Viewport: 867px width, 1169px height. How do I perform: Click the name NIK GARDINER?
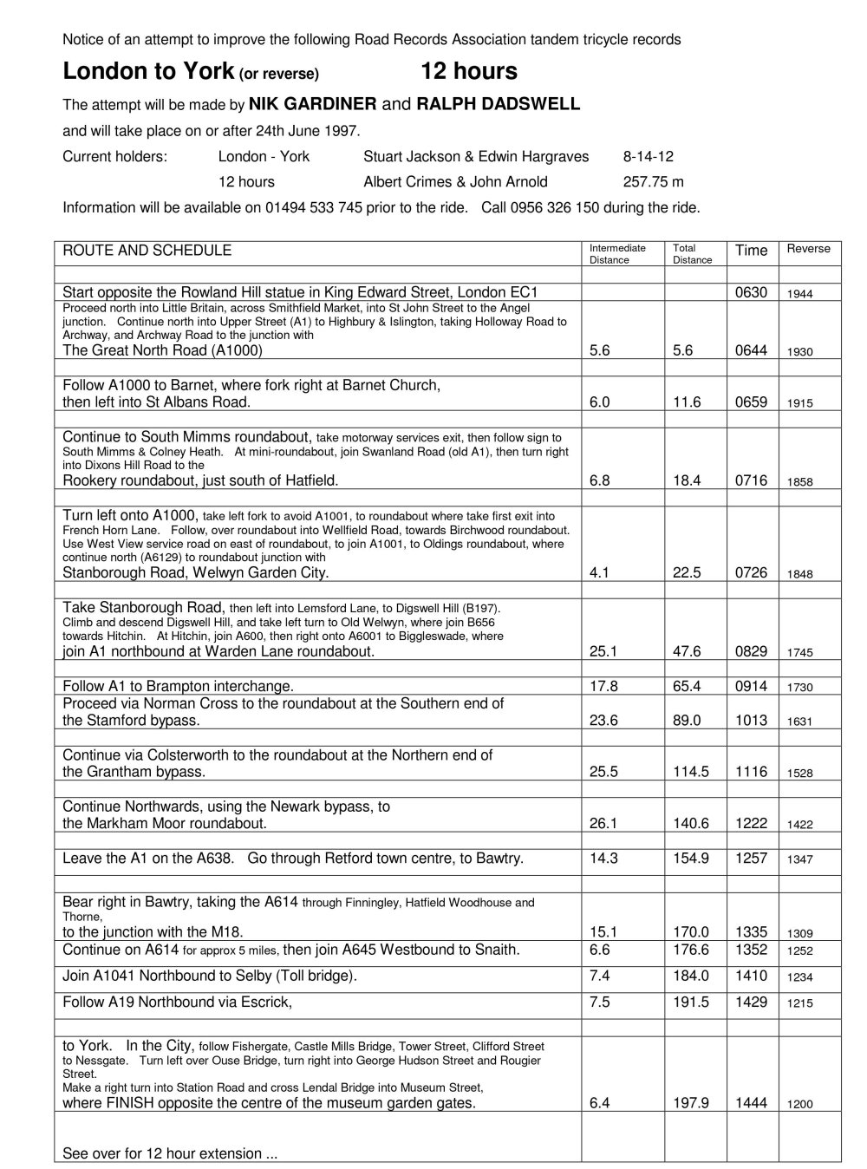312,105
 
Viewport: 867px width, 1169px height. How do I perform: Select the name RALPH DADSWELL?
498,105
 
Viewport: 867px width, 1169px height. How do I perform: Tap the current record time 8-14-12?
648,157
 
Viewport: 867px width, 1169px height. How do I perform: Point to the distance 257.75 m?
653,182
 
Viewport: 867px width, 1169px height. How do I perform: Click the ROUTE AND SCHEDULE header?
147,251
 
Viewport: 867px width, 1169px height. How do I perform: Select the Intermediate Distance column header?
617,254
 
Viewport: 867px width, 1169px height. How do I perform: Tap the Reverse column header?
808,250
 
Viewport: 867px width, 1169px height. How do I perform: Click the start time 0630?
751,293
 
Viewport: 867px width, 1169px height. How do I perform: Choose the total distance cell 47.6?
687,652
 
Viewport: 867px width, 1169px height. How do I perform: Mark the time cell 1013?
751,721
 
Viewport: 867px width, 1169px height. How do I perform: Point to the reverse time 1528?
800,774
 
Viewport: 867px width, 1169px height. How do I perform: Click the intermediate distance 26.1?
603,824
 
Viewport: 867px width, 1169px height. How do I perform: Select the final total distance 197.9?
691,1104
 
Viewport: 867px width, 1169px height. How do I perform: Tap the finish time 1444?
751,1104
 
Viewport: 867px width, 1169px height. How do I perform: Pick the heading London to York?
148,71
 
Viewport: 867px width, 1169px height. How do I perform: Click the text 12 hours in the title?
469,71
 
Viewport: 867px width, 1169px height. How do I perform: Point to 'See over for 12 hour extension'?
170,1153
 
